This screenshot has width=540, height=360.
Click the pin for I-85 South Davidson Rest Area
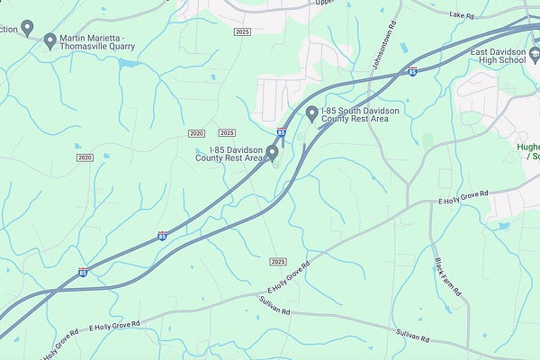[x=312, y=113]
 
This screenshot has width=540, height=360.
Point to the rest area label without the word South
[x=235, y=154]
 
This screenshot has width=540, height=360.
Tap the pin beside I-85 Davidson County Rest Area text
[x=271, y=152]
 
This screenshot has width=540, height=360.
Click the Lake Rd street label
[x=462, y=15]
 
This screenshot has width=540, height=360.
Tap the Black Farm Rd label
[x=447, y=278]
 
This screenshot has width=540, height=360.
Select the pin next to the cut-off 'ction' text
[x=27, y=28]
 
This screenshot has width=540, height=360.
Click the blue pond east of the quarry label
[x=125, y=63]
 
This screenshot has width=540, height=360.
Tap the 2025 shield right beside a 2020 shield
[x=227, y=132]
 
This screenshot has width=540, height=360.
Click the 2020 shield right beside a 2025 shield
[x=197, y=133]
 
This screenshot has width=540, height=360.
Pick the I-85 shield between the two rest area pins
[x=282, y=132]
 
